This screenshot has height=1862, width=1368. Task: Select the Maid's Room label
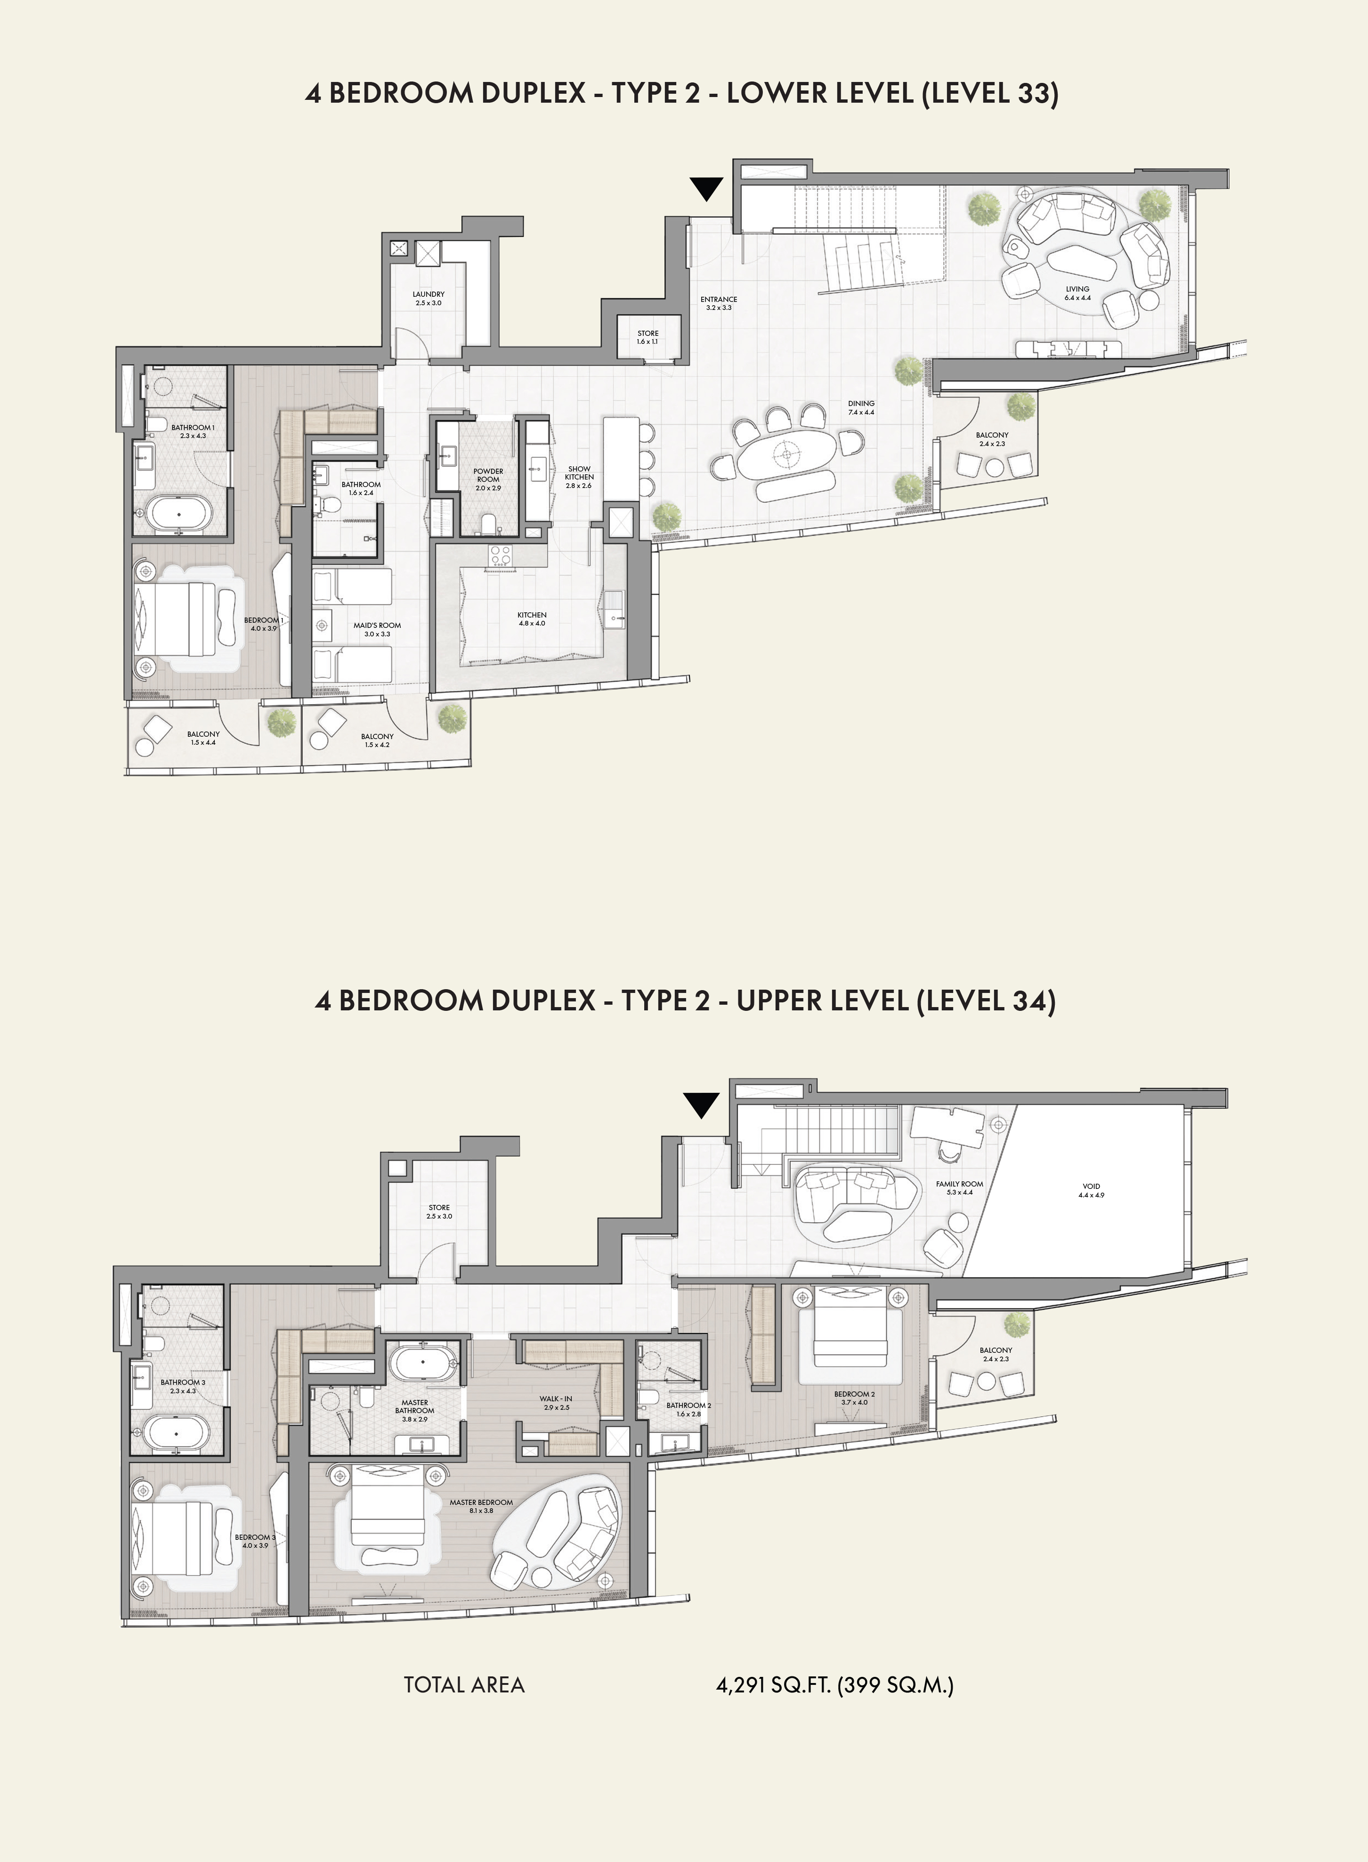377,629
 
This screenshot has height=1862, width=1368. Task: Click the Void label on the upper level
1092,1190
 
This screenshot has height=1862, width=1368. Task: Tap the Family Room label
960,1188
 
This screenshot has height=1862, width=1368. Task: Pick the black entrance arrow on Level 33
706,190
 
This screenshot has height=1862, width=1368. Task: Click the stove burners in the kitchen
500,555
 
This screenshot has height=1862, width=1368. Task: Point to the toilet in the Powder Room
489,523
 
